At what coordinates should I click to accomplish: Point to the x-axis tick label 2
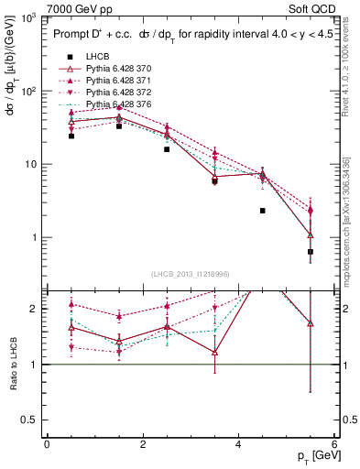[x=142, y=444]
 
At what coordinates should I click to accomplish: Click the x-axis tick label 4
[x=238, y=444]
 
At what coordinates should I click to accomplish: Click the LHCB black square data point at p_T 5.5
[x=311, y=252]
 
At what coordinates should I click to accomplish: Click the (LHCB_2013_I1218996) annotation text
[x=190, y=275]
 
